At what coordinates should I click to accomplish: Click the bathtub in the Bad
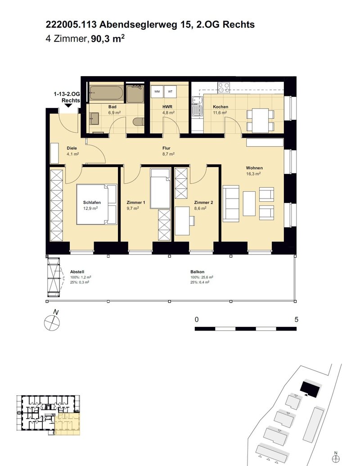click(106, 93)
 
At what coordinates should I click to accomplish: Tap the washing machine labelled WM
click(157, 91)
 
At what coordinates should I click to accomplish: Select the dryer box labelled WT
click(170, 91)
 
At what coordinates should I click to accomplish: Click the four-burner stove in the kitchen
click(224, 87)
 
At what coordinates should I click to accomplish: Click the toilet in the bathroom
click(139, 122)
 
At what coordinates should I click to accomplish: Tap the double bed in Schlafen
click(97, 204)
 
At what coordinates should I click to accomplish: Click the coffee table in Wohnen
click(249, 204)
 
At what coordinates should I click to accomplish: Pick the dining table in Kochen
click(260, 120)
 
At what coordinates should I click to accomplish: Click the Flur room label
click(166, 148)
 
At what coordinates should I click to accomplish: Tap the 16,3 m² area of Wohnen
click(253, 174)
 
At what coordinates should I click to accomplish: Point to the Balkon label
click(197, 271)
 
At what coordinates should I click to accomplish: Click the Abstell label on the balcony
click(77, 271)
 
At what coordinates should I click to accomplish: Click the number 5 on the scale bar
click(296, 320)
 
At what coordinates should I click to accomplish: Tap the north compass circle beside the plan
click(52, 322)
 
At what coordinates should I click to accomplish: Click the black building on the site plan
click(310, 389)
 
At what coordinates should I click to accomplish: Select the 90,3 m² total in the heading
click(108, 39)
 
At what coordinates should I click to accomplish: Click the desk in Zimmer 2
click(182, 221)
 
